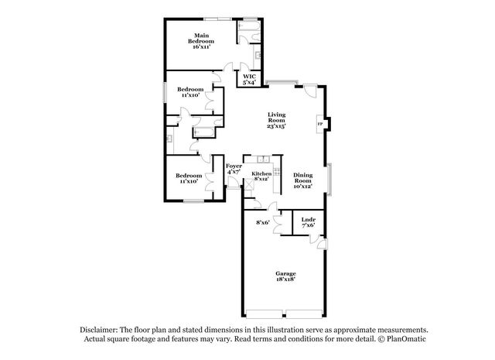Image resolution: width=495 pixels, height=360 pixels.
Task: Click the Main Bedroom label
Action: point(201,36)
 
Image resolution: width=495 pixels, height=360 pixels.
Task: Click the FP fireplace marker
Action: point(320,124)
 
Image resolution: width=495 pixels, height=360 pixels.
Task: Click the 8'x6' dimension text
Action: point(263,223)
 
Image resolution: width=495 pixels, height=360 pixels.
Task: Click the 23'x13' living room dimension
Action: point(277,127)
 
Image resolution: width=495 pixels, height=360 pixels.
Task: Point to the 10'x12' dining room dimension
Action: point(303,187)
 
